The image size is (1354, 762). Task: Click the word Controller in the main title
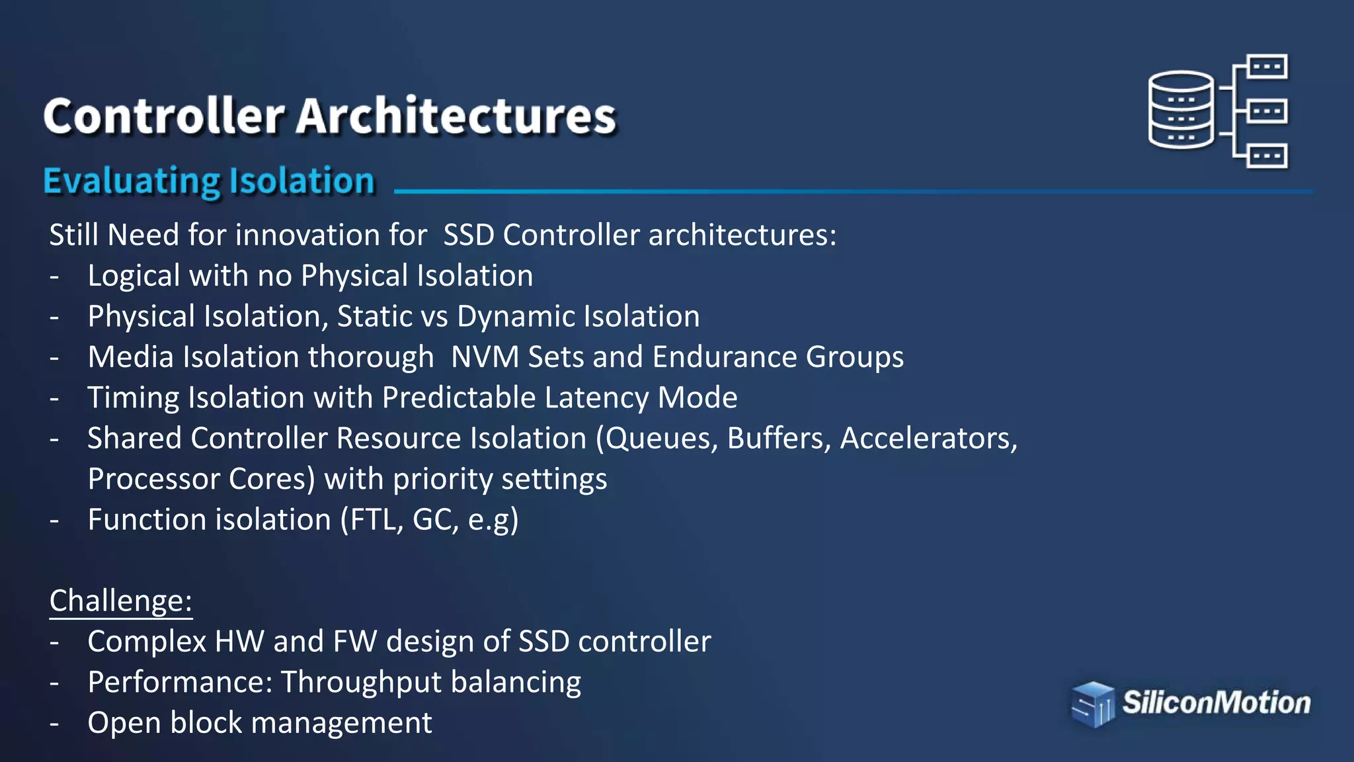pos(164,116)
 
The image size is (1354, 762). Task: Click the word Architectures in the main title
pos(456,116)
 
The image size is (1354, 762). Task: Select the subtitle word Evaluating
pos(131,181)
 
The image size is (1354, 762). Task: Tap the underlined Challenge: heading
pos(121,601)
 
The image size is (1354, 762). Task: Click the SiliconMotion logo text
pos(1216,702)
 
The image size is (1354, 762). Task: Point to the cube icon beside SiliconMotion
pos(1092,704)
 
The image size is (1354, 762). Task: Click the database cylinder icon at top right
pos(1181,110)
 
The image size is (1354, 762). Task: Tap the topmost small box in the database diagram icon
pos(1267,67)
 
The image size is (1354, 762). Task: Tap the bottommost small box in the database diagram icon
pos(1267,157)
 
